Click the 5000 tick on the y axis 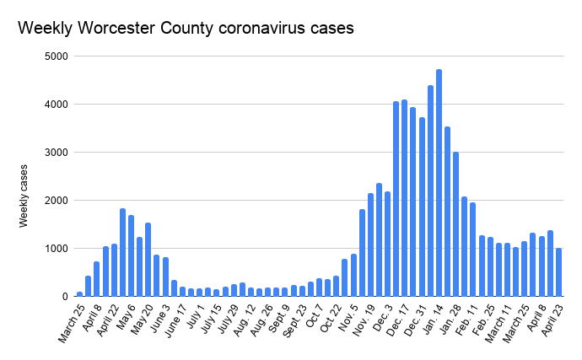(58, 56)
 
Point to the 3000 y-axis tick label (58, 153)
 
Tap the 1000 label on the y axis (58, 249)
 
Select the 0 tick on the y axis (65, 297)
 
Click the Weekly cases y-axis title (25, 196)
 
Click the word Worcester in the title (113, 27)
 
